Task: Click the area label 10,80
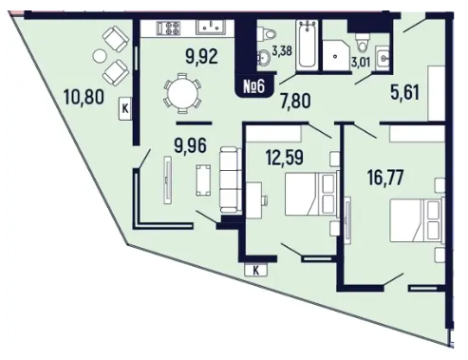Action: point(84,97)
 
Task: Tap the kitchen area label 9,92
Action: point(201,57)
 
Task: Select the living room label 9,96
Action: point(190,145)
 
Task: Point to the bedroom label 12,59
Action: point(285,158)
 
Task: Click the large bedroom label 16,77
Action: point(385,178)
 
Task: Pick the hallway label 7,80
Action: point(295,102)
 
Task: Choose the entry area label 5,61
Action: point(404,93)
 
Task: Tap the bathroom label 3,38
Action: point(282,50)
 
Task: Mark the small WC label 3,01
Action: point(361,62)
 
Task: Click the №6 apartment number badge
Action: point(253,86)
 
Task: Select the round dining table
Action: point(182,93)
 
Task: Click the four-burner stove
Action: point(168,28)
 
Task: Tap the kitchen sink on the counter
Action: point(211,27)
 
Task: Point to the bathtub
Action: point(307,45)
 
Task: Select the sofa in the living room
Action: point(230,180)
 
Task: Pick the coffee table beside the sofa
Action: point(203,180)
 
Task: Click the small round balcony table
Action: point(100,56)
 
